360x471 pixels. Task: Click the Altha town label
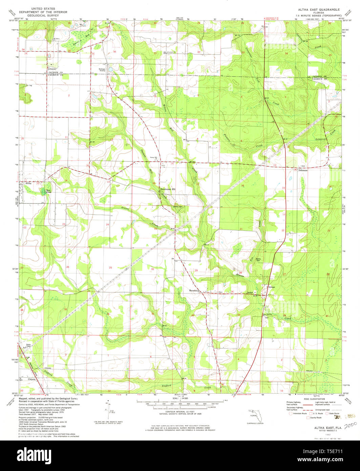[x=28, y=183]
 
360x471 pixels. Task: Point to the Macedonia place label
[x=195, y=290]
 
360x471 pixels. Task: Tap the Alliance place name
[x=51, y=68]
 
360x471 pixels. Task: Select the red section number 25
[x=110, y=268]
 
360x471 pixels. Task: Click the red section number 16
[x=242, y=186]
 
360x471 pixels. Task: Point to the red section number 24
[x=107, y=225]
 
